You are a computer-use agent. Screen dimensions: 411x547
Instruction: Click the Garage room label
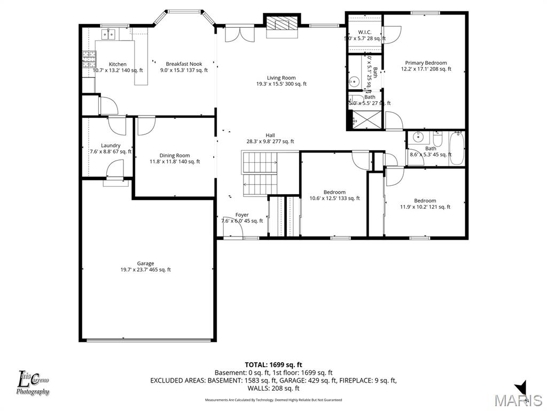(x=145, y=263)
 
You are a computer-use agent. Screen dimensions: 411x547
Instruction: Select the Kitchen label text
(x=118, y=64)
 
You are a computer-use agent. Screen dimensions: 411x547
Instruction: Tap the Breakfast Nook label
(x=184, y=64)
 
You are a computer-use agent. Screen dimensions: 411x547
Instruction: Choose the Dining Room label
(x=174, y=156)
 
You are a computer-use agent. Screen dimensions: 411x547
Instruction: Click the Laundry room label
(x=111, y=146)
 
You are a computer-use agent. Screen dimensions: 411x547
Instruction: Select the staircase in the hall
(x=261, y=174)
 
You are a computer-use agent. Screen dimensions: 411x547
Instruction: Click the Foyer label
(x=242, y=215)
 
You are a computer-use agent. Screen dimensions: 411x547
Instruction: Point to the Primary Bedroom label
(x=426, y=63)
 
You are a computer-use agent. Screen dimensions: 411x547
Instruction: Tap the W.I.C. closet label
(x=365, y=32)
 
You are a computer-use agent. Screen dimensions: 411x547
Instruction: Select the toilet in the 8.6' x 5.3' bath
(x=437, y=141)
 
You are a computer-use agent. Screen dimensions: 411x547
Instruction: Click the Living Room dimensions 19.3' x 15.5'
(x=281, y=84)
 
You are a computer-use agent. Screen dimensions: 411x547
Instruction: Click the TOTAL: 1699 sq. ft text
(x=273, y=364)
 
